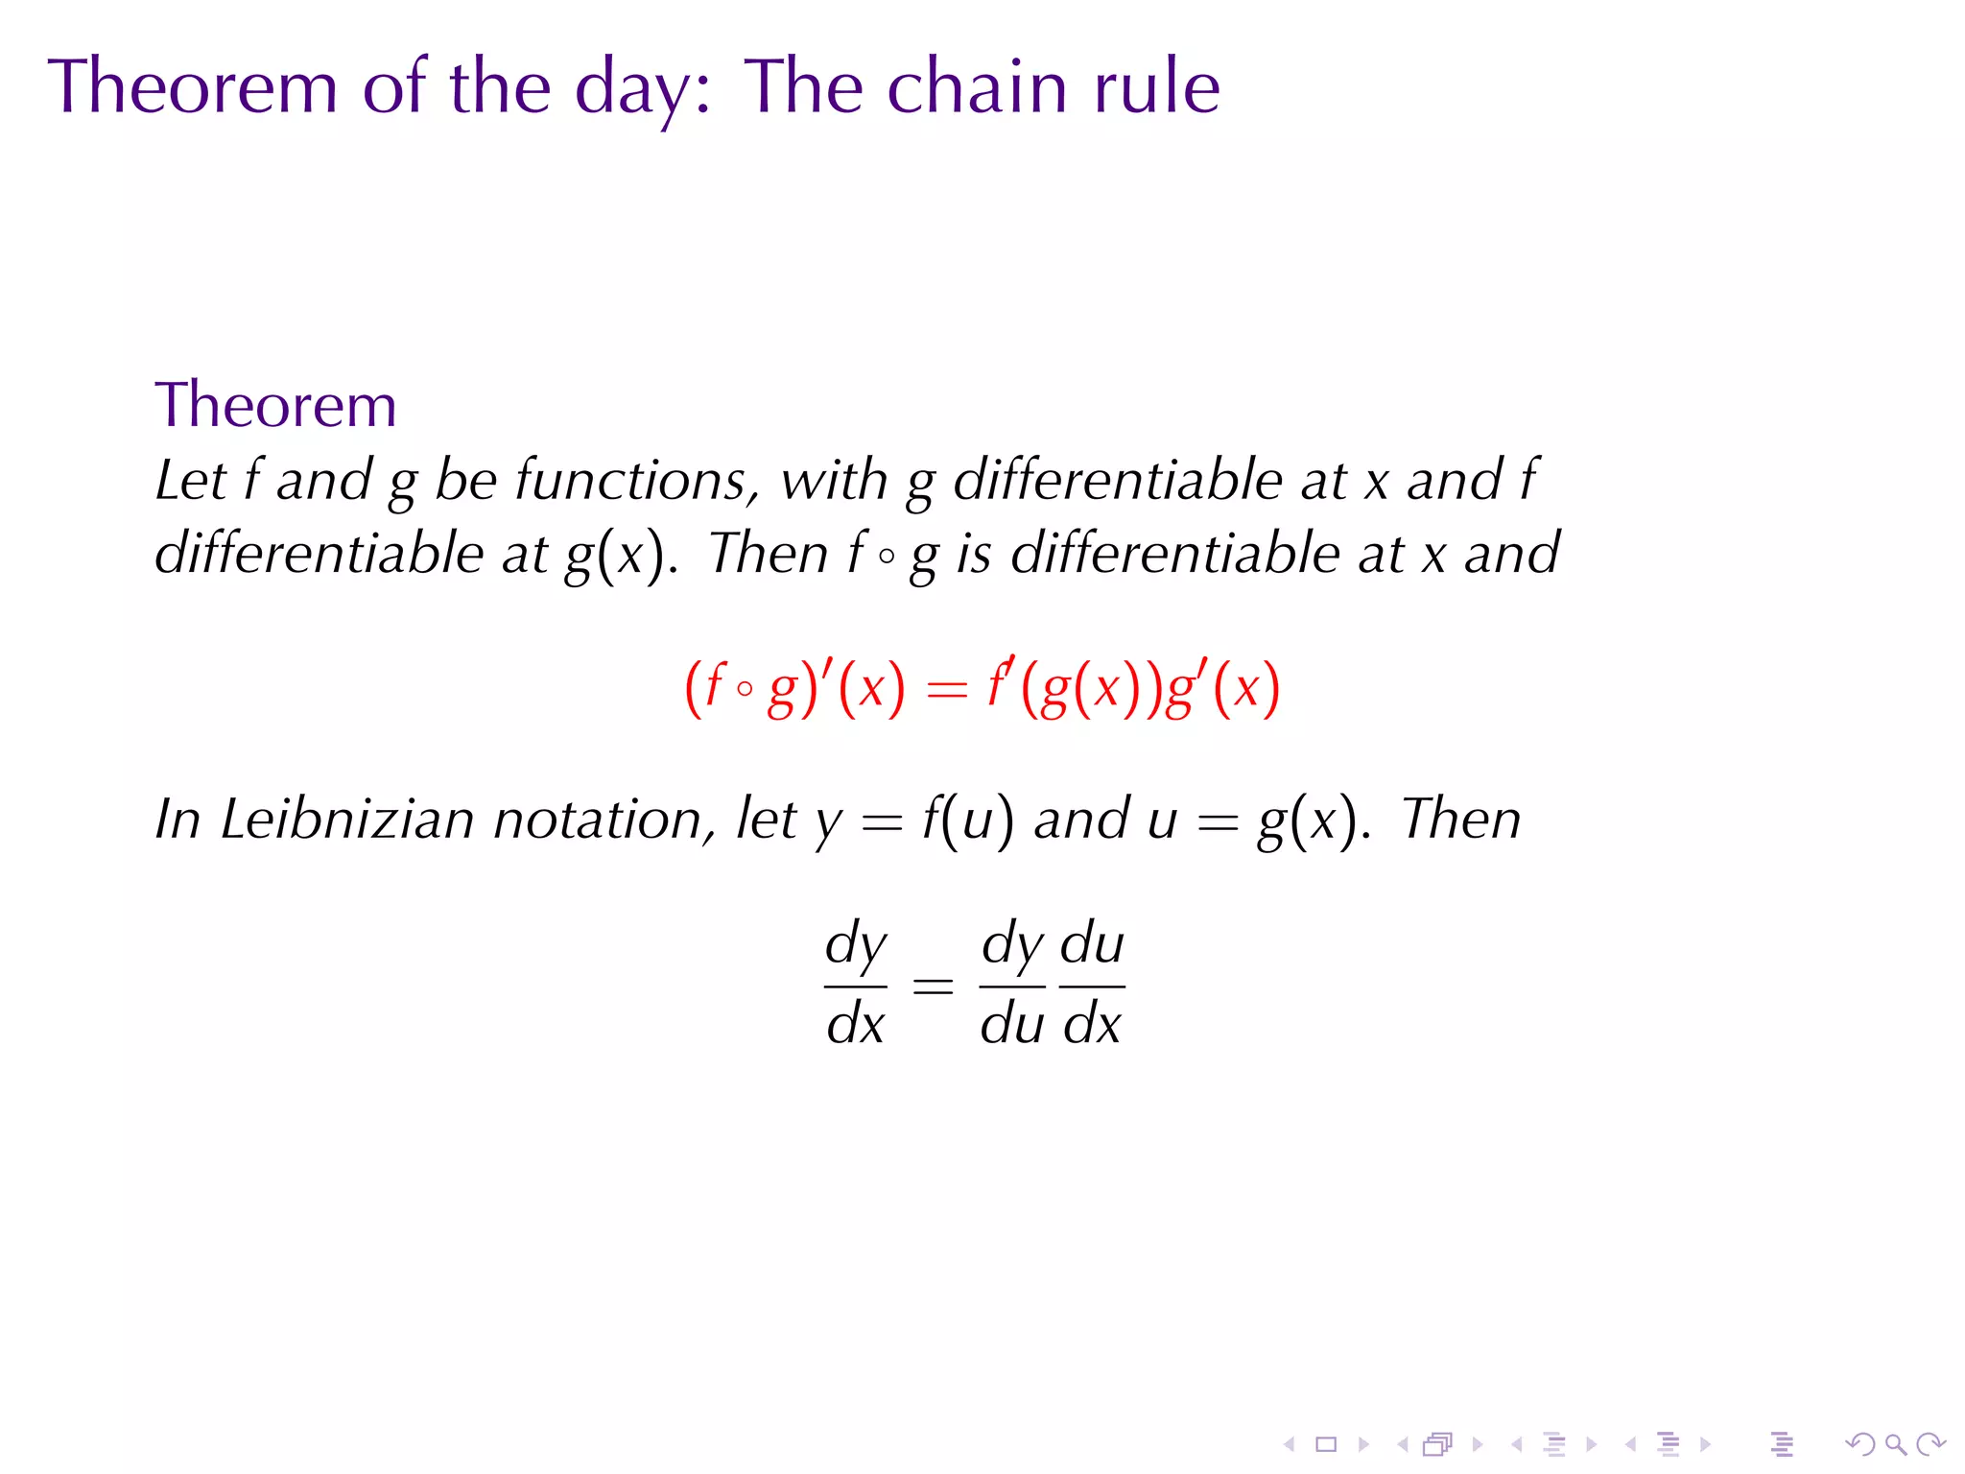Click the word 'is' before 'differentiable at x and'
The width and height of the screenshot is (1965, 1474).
point(973,554)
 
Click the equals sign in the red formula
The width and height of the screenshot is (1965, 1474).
point(947,690)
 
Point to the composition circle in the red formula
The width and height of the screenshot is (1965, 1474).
point(745,688)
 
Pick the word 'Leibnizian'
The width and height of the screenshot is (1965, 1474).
point(347,820)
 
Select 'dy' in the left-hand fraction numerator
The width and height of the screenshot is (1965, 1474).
point(856,945)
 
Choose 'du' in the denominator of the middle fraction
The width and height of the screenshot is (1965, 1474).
point(1012,1024)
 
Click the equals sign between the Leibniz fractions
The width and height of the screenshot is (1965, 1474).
point(933,986)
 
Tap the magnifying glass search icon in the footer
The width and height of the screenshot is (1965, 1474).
point(1895,1444)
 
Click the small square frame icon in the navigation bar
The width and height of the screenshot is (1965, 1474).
point(1326,1444)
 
